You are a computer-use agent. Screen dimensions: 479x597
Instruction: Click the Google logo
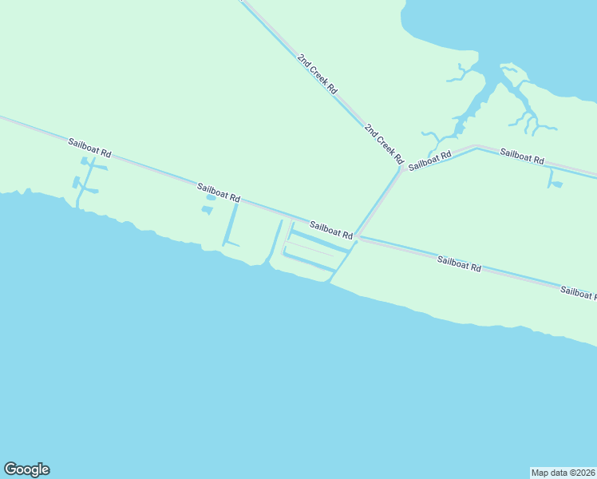[x=26, y=469]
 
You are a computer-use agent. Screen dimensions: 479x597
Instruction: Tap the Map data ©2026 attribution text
[x=563, y=472]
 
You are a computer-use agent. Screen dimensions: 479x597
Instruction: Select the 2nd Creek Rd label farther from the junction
[x=317, y=74]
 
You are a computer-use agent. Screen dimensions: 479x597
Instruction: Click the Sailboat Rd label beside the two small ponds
[x=219, y=192]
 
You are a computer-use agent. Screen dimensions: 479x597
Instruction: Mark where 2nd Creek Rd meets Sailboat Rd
[x=401, y=167]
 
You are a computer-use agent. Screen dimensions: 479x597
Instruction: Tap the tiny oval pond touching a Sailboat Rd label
[x=211, y=197]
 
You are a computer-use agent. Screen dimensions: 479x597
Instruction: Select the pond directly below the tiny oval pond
[x=208, y=210]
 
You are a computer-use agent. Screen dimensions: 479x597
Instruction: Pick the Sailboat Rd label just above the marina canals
[x=331, y=231]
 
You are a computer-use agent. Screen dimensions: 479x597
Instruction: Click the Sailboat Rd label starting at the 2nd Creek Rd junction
[x=429, y=160]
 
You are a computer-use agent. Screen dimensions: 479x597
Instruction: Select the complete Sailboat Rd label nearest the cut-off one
[x=459, y=263]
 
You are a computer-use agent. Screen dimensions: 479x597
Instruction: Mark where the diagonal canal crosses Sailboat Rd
[x=357, y=236]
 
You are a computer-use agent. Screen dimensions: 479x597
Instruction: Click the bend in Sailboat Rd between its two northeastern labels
[x=476, y=147]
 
